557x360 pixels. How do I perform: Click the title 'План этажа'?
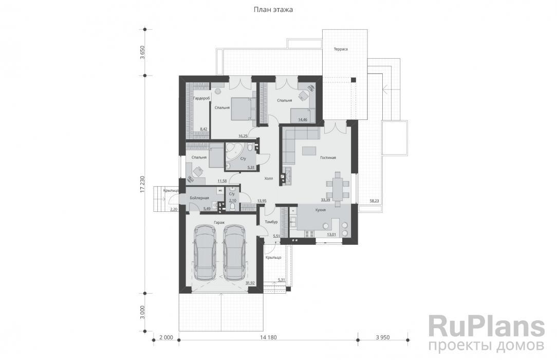[x=273, y=10]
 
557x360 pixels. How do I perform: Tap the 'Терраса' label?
[x=340, y=49]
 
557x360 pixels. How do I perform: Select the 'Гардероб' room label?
[x=201, y=98]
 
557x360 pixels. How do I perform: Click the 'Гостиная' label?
[x=328, y=157]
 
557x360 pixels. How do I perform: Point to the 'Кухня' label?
[x=321, y=210]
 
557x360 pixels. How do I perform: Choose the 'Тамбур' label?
[x=271, y=222]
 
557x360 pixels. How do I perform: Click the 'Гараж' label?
[x=219, y=223]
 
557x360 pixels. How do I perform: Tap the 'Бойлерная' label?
[x=199, y=198]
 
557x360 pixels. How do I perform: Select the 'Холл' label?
[x=269, y=178]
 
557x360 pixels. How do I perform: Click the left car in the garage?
[x=205, y=253]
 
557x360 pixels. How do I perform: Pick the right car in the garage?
[x=234, y=253]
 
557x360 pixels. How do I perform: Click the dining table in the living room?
[x=338, y=185]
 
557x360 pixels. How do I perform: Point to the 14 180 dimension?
[x=269, y=337]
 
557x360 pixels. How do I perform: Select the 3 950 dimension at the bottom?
[x=383, y=337]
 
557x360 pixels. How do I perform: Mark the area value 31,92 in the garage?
[x=250, y=283]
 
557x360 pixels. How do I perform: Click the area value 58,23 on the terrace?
[x=374, y=201]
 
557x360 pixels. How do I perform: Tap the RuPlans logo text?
[x=486, y=326]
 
